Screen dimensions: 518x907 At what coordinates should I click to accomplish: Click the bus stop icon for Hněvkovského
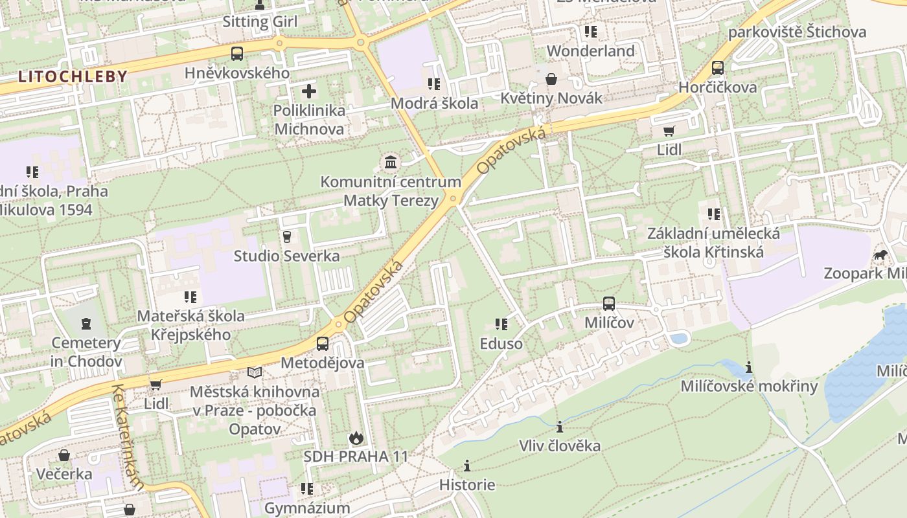[x=237, y=54]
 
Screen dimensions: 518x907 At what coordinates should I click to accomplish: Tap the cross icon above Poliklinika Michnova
[x=310, y=91]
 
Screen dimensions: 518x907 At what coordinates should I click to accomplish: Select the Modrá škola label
[x=434, y=103]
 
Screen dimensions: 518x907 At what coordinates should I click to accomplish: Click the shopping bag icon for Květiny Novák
[x=551, y=79]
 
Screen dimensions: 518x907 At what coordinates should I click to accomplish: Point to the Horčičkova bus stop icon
[x=717, y=68]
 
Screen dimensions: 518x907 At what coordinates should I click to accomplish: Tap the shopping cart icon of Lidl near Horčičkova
[x=669, y=131]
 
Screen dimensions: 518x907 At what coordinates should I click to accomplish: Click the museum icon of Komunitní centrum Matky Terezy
[x=391, y=162]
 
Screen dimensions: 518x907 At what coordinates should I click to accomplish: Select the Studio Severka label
[x=286, y=256]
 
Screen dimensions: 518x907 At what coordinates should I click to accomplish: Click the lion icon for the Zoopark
[x=880, y=254]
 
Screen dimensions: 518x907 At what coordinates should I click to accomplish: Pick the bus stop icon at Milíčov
[x=609, y=303]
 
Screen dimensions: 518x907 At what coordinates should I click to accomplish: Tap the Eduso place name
[x=501, y=343]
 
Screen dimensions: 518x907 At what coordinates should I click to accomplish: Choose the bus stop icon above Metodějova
[x=323, y=344]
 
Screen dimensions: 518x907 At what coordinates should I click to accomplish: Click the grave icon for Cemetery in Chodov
[x=86, y=323]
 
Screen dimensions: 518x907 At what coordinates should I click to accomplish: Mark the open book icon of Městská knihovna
[x=255, y=373]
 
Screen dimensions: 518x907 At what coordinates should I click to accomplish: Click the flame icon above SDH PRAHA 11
[x=356, y=438]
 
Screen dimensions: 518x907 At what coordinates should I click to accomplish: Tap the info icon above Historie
[x=467, y=466]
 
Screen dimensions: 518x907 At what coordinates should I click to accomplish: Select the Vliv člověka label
[x=560, y=445]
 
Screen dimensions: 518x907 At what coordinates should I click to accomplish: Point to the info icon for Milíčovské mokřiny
[x=749, y=368]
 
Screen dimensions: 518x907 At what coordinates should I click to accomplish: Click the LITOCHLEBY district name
[x=73, y=76]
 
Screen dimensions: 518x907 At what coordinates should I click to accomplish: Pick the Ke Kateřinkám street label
[x=128, y=437]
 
